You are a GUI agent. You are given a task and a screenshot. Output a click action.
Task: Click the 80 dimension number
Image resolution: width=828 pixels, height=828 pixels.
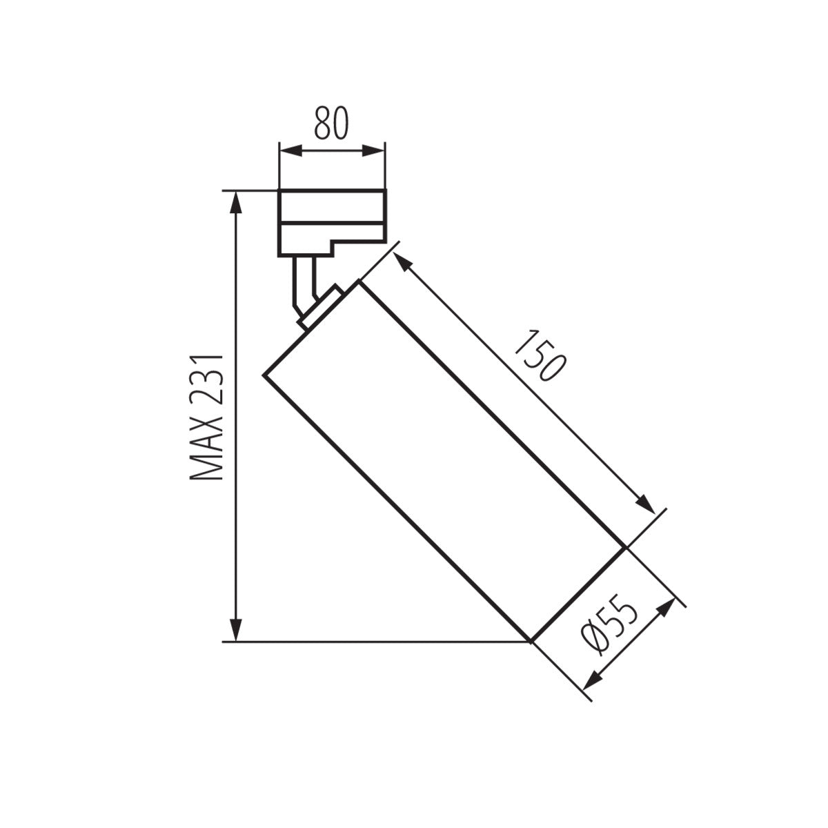click(332, 124)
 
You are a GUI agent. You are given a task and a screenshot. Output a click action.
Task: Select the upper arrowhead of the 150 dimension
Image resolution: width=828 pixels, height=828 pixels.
click(401, 262)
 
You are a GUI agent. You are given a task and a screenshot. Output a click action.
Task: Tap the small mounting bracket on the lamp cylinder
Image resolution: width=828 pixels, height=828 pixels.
click(321, 306)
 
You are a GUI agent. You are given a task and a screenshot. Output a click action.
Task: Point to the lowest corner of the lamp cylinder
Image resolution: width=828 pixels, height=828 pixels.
click(530, 641)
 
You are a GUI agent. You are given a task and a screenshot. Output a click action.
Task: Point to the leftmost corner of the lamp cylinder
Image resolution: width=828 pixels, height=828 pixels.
click(264, 375)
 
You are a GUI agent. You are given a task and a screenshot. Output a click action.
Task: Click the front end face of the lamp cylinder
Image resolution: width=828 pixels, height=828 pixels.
click(578, 594)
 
